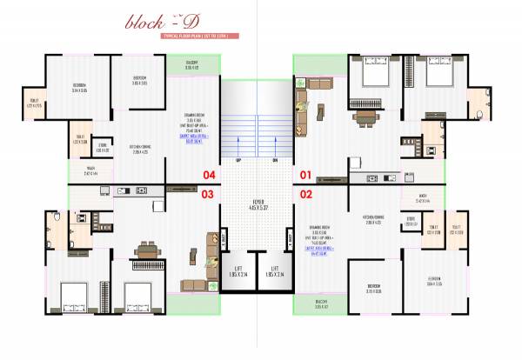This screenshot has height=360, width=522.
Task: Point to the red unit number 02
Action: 305,195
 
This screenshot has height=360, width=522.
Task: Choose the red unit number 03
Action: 208,195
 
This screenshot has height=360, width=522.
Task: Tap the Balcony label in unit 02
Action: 321,304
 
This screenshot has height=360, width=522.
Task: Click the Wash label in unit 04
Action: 90,172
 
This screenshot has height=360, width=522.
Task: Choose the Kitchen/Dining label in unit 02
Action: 374,220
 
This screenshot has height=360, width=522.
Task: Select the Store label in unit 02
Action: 411,221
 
